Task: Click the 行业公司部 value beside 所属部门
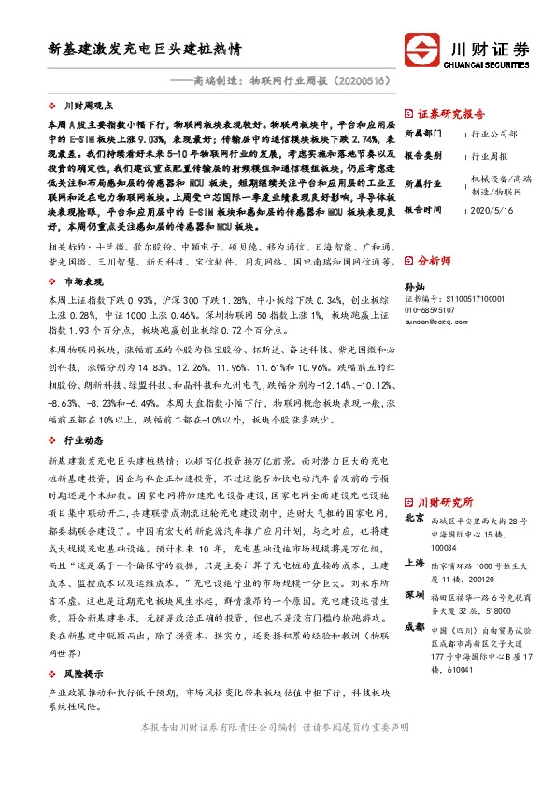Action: pyautogui.click(x=495, y=134)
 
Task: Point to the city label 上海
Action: pyautogui.click(x=415, y=563)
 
